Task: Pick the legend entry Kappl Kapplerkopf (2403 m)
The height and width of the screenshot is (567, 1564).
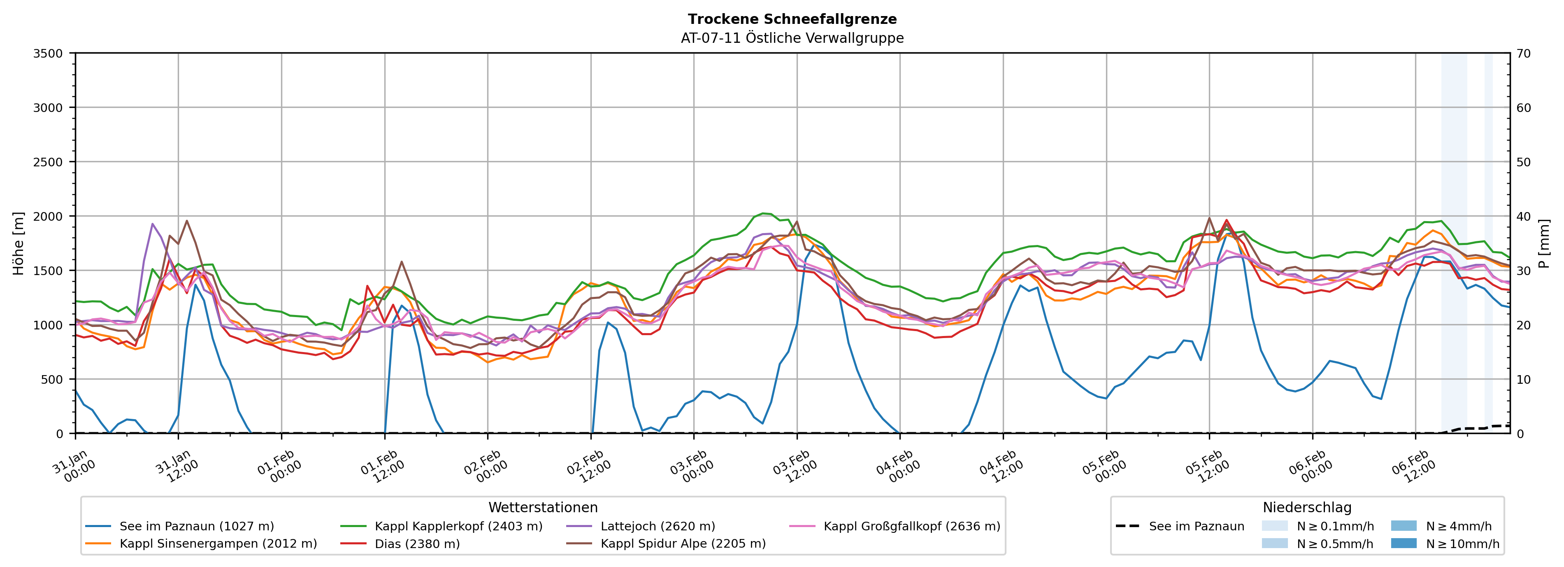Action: pos(458,526)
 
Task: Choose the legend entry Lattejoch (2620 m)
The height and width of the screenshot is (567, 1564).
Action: pos(658,526)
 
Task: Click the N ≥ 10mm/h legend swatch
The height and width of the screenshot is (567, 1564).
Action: pos(1403,543)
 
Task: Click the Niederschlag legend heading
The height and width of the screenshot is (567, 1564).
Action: pos(1306,507)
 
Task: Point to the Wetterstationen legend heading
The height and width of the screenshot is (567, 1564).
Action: pos(543,507)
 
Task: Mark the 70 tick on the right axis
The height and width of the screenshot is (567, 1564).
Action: pos(1523,54)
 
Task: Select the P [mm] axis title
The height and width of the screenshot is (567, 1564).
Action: pos(1544,243)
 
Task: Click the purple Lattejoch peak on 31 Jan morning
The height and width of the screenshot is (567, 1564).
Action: pos(152,224)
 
